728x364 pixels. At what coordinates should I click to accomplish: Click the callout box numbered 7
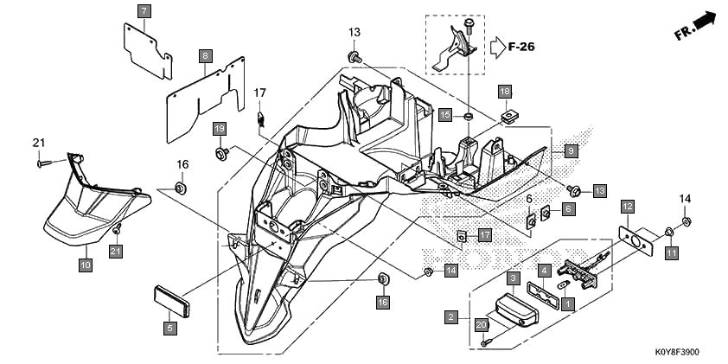[144, 11]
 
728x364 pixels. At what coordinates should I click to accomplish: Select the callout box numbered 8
[206, 57]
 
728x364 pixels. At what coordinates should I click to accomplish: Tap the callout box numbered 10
[86, 265]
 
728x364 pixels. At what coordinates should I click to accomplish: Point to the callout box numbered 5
[170, 329]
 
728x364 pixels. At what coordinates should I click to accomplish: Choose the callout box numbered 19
[220, 128]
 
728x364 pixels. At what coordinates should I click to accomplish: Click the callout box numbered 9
[571, 151]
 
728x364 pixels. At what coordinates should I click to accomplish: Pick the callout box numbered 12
[628, 206]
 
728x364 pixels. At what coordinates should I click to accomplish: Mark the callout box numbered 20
[481, 325]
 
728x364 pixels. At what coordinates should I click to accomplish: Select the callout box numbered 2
[450, 317]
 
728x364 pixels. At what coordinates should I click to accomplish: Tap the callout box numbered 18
[505, 92]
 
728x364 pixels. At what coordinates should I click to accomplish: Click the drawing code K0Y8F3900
[676, 353]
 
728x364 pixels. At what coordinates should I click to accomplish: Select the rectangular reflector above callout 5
[172, 302]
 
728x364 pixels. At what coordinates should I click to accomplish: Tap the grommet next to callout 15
[469, 115]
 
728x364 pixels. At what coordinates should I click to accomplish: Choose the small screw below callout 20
[485, 342]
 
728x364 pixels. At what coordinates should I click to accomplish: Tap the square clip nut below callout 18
[509, 115]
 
